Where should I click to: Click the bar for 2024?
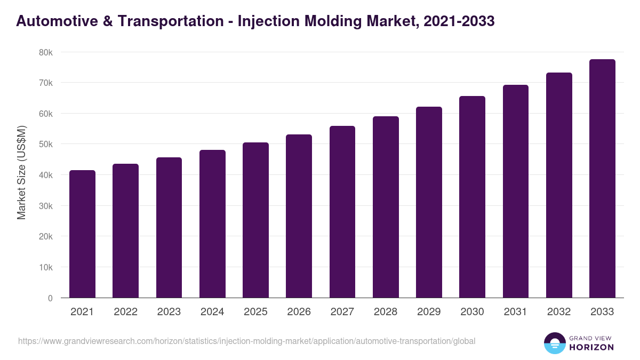coord(212,223)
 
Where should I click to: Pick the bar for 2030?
coord(472,197)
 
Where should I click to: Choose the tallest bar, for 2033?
coord(602,178)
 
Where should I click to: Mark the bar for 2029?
coord(429,202)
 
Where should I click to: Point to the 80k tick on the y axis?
coord(46,52)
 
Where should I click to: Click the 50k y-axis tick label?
coord(46,145)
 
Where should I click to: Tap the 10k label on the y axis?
coord(46,267)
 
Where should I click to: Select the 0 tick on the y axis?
coord(50,298)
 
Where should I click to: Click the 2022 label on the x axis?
coord(125,312)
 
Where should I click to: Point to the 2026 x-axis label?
coord(299,312)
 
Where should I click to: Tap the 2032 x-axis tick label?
coord(559,312)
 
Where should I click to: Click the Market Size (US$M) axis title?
coord(21,172)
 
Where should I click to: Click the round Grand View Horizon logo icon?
coord(554,343)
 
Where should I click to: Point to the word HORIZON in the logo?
coord(591,347)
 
